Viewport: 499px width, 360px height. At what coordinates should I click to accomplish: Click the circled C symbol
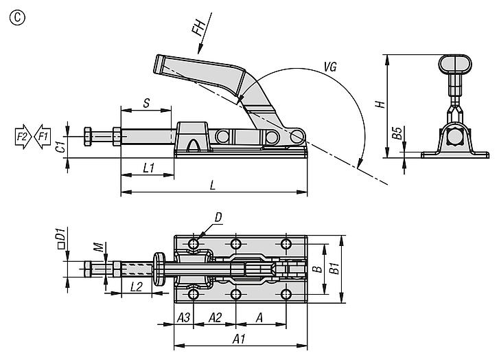[17, 18]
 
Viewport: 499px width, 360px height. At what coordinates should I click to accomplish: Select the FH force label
[199, 27]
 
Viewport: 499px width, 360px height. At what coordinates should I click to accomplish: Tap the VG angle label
[330, 67]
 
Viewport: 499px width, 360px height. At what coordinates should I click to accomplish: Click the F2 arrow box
[23, 137]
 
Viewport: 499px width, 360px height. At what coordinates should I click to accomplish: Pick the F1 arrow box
[43, 137]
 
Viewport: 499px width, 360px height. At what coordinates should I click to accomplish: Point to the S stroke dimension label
[146, 103]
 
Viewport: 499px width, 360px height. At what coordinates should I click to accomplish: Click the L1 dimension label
[149, 168]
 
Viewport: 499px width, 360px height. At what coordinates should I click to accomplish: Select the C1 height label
[61, 146]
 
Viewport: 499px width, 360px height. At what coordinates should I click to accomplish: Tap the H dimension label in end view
[380, 104]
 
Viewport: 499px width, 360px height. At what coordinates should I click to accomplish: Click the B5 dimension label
[397, 133]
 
